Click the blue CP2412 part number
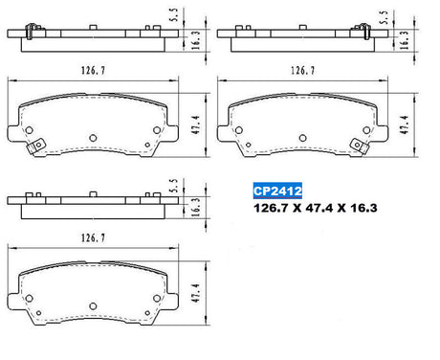pos(277,191)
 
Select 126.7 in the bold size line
pos(271,208)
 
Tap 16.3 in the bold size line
pos(363,208)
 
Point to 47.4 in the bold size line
pos(319,208)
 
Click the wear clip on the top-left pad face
pos(35,146)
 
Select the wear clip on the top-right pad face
pos(360,146)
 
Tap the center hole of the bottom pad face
pos(93,306)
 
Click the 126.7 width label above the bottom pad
pos(93,238)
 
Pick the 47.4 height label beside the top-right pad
pos(405,124)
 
